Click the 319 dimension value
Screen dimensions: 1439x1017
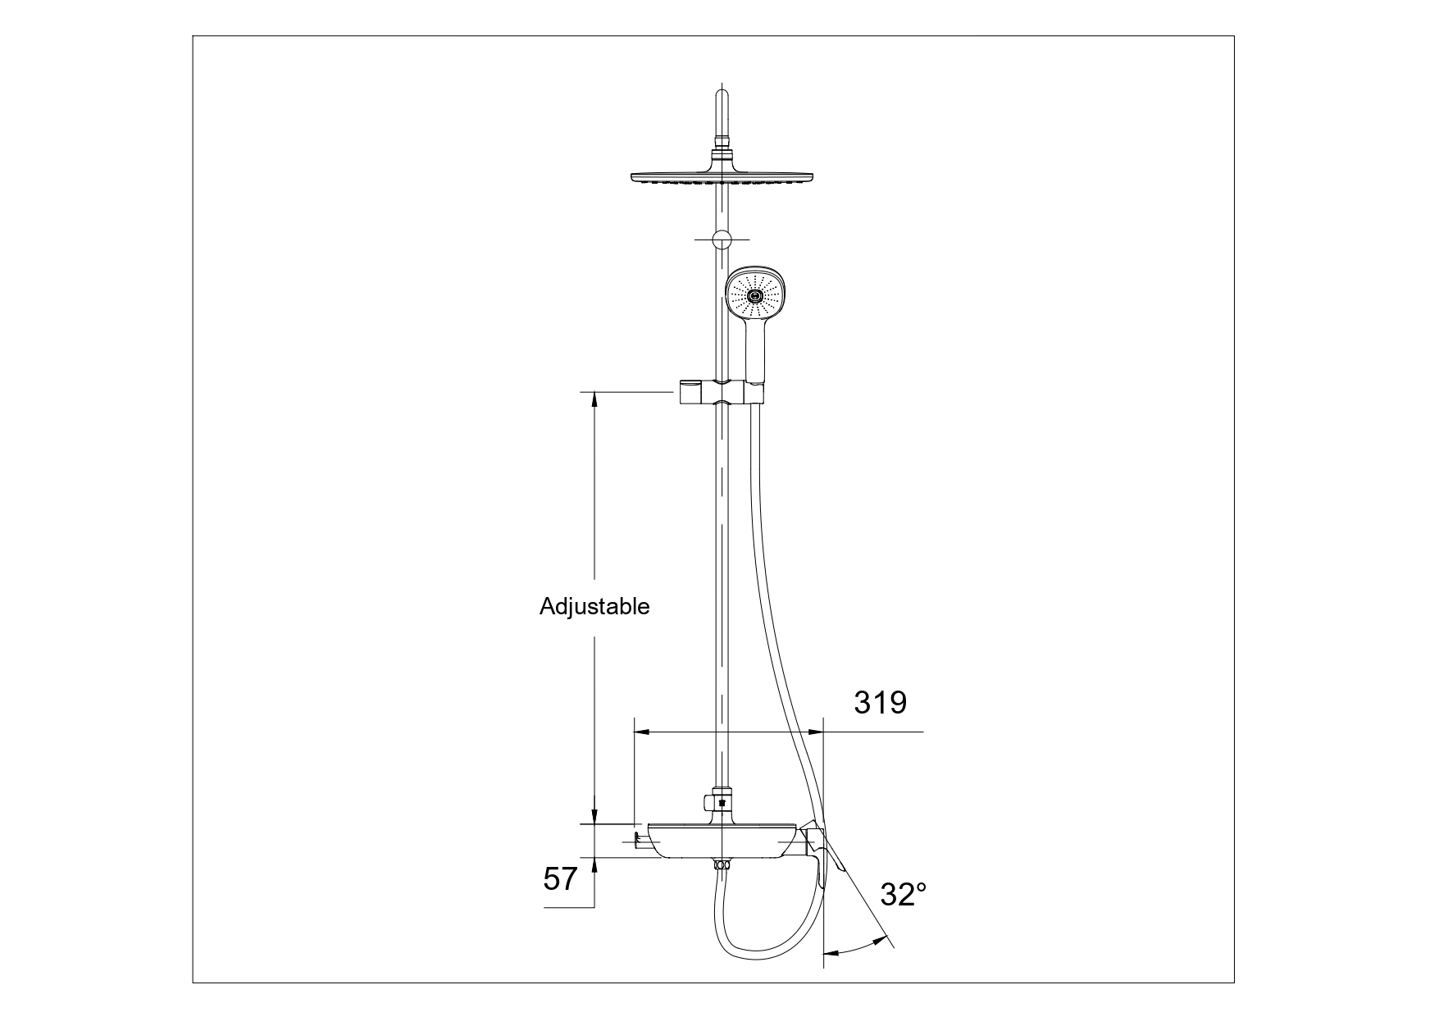coord(881,702)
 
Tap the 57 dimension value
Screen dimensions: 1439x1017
coord(561,879)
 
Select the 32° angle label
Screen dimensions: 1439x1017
coord(904,894)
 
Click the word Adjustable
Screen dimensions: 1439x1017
coord(594,606)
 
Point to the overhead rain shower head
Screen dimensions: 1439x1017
coord(722,177)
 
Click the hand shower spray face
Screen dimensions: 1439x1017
coord(752,295)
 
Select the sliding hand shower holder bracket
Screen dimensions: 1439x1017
coord(721,392)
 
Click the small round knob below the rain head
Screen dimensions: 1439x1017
coord(722,239)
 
